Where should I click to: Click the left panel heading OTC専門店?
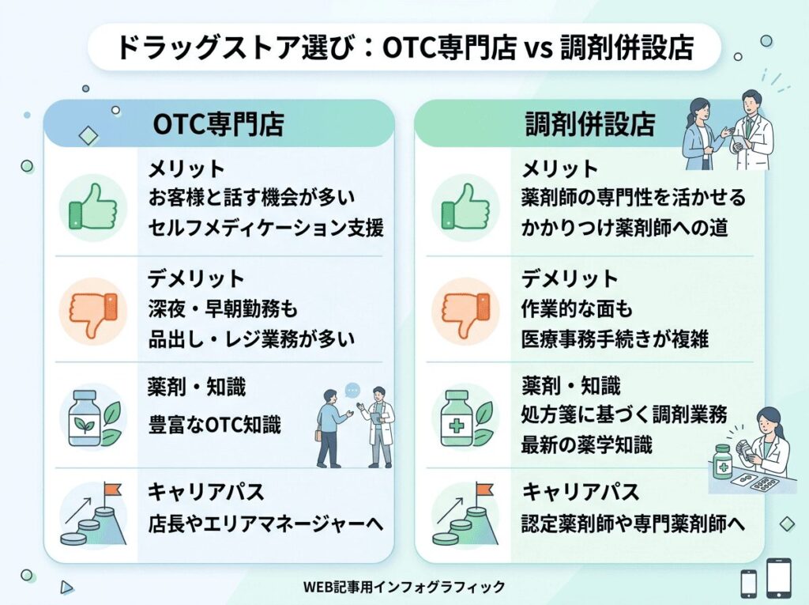click(219, 124)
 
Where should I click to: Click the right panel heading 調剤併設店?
click(590, 124)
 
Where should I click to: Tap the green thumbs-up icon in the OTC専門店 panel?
click(93, 208)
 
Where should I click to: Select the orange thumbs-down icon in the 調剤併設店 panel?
click(466, 312)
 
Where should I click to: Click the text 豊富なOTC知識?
click(215, 425)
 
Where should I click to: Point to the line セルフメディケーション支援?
click(266, 227)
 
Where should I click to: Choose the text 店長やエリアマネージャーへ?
click(266, 524)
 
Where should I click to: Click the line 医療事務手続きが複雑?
click(615, 339)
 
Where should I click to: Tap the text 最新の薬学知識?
click(587, 444)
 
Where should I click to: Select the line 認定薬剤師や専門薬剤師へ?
click(633, 524)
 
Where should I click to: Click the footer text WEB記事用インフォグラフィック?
click(404, 587)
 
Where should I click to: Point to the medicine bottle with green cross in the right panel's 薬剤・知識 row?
click(457, 418)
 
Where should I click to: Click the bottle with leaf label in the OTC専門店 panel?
click(85, 418)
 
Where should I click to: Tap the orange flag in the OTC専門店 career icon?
click(112, 489)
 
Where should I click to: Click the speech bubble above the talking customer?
click(352, 390)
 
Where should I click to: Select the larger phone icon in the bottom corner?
click(778, 577)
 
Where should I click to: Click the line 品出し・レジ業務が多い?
click(252, 339)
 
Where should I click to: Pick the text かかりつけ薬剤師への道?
click(624, 227)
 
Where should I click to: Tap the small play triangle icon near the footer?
click(66, 588)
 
